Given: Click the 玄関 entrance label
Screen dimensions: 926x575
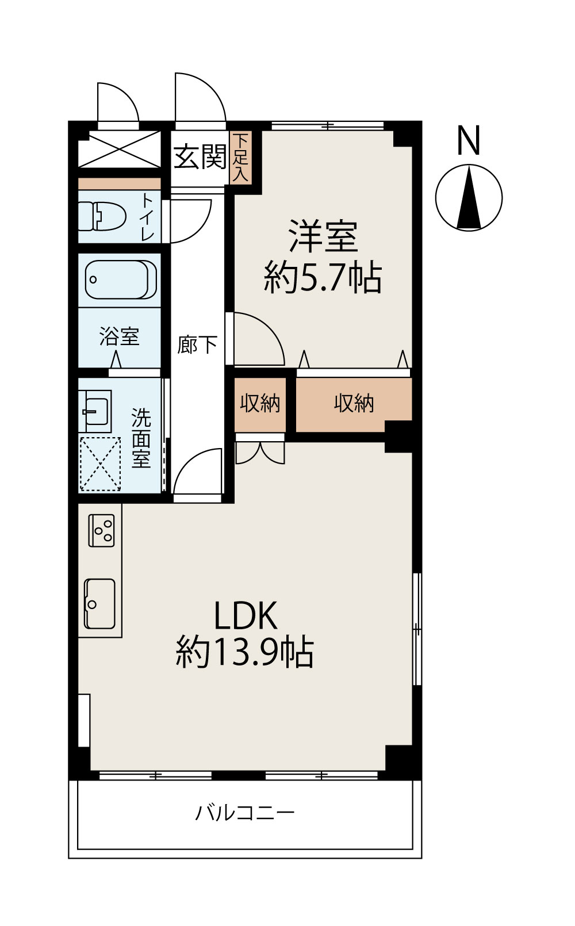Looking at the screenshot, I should [x=200, y=156].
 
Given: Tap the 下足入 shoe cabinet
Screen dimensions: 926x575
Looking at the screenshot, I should [x=241, y=158].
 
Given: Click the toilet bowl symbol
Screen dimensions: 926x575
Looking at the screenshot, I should [x=102, y=216].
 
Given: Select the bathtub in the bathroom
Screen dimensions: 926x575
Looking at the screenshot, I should [x=121, y=280].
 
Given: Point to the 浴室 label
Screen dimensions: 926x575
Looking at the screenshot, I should [x=119, y=336].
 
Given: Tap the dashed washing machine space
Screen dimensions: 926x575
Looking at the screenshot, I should [x=100, y=464].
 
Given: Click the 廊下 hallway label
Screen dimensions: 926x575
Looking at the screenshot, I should [x=197, y=345].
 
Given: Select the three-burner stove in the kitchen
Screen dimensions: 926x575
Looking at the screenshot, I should [x=102, y=530].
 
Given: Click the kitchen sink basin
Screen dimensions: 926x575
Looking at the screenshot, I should [x=100, y=603].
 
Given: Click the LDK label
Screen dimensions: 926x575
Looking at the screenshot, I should [x=246, y=615].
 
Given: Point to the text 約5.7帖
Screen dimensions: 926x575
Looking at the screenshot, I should [x=323, y=278].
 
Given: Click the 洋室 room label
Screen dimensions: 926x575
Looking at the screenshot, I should [x=323, y=236].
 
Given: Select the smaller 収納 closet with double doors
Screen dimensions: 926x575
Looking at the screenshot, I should [x=260, y=404].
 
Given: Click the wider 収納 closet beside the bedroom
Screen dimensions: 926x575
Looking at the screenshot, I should [x=354, y=404].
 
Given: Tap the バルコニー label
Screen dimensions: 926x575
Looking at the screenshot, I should [x=245, y=813].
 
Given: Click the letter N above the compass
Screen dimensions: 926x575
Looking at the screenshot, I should [x=468, y=141].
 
